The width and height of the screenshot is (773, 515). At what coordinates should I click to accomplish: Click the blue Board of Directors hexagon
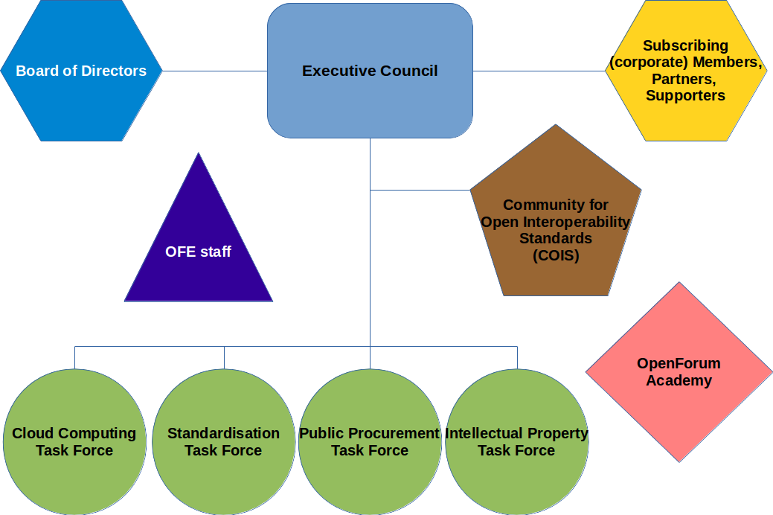pos(81,71)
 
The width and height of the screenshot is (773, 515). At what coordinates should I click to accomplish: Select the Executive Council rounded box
pos(370,71)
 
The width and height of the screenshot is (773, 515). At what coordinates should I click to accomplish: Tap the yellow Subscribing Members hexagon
pos(685,71)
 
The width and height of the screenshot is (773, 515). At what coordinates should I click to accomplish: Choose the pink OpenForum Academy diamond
pos(679,372)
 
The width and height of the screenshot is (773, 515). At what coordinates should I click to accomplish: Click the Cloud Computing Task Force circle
pos(74,442)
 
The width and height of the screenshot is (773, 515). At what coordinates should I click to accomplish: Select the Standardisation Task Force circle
pos(223,442)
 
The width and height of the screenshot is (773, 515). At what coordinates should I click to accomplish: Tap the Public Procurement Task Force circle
pos(370,442)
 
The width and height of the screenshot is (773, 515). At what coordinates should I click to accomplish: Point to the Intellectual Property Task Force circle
pos(516,442)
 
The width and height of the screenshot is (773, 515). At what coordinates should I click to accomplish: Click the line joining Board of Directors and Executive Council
pos(214,71)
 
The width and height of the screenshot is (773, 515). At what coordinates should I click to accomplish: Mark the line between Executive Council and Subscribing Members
pos(539,71)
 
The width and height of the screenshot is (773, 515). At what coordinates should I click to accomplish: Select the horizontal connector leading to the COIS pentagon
pos(420,191)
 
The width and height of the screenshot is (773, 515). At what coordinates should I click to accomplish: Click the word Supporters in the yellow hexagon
pos(685,96)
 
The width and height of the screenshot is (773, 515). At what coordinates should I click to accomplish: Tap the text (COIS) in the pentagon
pos(556,256)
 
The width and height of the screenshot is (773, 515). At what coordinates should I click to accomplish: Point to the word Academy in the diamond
pos(679,381)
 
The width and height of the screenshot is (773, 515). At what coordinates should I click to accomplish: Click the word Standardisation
pos(223,433)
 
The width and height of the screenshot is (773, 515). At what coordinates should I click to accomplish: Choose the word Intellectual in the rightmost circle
pos(484,433)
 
